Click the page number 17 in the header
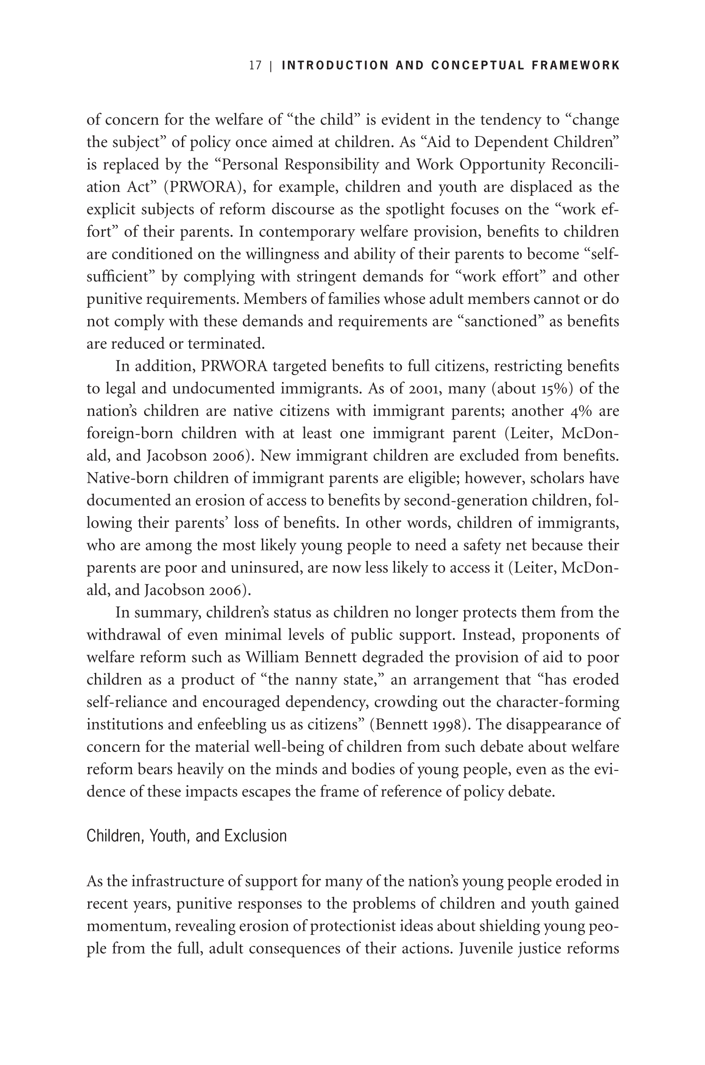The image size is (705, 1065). tap(255, 66)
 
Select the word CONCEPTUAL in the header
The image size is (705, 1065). tap(477, 66)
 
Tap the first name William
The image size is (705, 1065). tap(272, 657)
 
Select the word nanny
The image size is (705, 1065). tap(316, 680)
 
